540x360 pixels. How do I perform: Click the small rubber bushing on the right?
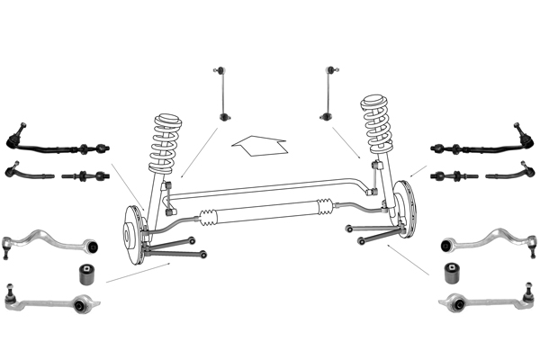click(x=452, y=272)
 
